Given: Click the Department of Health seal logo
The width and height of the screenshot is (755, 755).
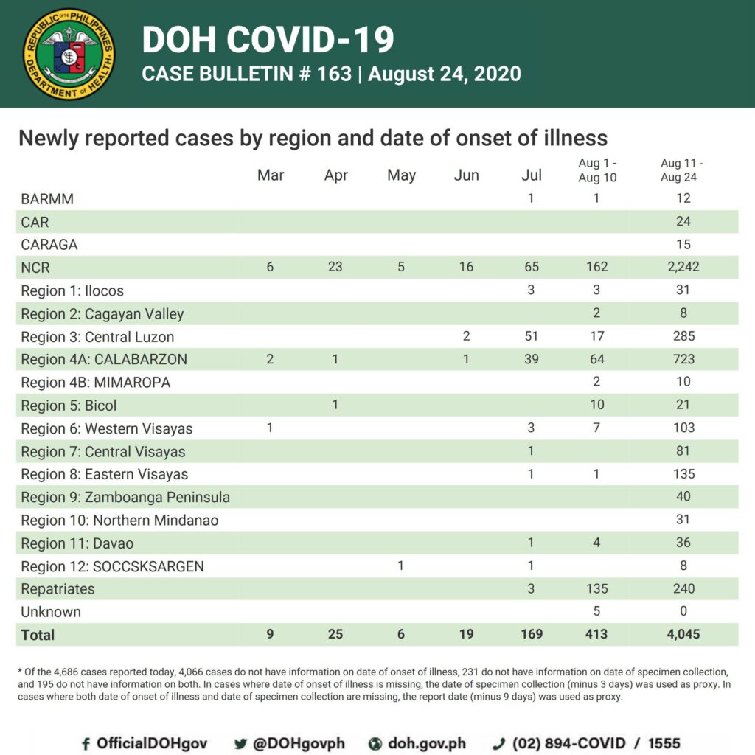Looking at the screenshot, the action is pos(69,54).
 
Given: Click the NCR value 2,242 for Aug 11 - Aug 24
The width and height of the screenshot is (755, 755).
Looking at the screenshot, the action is pos(683,267).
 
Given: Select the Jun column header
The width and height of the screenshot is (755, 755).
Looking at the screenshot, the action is pos(466,175).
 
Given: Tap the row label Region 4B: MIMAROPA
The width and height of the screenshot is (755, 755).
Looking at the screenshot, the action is pos(95,383).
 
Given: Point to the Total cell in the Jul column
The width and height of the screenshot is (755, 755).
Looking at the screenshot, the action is pos(531,633).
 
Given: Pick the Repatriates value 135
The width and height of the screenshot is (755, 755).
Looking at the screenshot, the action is pos(596,588).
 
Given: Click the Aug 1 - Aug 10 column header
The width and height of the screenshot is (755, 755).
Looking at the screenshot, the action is pos(597,170).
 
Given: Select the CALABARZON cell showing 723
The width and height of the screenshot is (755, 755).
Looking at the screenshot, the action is pos(683,359).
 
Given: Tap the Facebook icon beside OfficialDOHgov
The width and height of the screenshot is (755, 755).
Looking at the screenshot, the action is pos(86,743).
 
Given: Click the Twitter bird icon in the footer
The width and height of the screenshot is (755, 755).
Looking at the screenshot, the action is pos(240,744).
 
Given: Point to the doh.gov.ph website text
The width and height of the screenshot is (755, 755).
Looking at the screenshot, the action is pos(427,743).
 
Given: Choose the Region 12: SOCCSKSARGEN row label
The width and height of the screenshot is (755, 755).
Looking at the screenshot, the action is pos(112,566).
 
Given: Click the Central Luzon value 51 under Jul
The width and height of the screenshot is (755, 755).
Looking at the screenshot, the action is pos(531,336).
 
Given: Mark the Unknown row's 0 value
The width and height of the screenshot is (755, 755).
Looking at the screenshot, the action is pos(683,611).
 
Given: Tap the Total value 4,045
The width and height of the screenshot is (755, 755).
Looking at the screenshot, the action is pos(683,633).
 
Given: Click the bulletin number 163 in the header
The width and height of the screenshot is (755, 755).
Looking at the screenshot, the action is pos(334,74).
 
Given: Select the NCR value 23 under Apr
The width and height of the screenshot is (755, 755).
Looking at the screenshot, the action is pos(335,267).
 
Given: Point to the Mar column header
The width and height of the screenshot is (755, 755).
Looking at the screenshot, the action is pos(271,175).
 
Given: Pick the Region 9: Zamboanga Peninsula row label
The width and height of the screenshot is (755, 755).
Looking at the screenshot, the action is pos(125,497).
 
